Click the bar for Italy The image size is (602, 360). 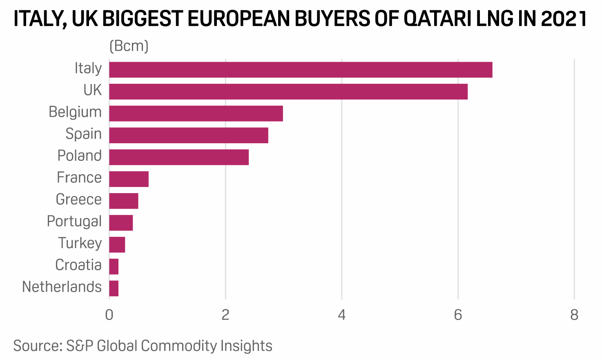(301, 70)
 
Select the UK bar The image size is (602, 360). (288, 91)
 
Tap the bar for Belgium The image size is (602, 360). (196, 113)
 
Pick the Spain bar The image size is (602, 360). (189, 135)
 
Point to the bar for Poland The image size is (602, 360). (179, 157)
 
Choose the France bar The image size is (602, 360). (129, 179)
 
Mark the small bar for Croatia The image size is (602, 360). (114, 267)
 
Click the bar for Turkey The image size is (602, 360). (117, 244)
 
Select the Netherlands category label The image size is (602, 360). (62, 287)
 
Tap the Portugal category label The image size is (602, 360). (74, 221)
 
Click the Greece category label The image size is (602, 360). (78, 200)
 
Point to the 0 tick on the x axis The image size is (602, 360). (109, 315)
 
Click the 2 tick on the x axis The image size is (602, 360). (225, 315)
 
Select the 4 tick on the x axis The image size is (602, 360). (342, 315)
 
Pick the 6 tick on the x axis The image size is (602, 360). (458, 315)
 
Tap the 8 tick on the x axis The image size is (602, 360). (574, 315)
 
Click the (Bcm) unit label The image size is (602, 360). (129, 46)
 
